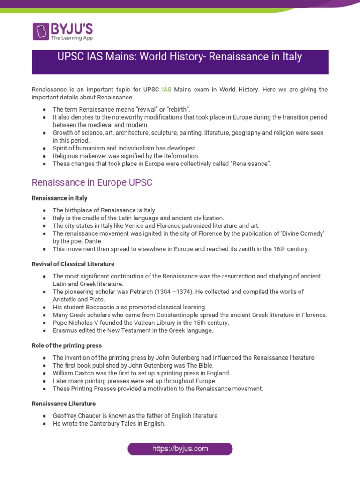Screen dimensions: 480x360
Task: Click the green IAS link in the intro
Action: pos(166,89)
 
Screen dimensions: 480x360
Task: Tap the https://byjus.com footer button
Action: pos(180,449)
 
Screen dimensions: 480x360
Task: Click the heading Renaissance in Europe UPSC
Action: pos(92,182)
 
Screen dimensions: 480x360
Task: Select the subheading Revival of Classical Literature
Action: pos(73,264)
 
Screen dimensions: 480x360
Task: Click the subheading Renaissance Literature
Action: pos(64,404)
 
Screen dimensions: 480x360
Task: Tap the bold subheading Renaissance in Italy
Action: pos(60,198)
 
